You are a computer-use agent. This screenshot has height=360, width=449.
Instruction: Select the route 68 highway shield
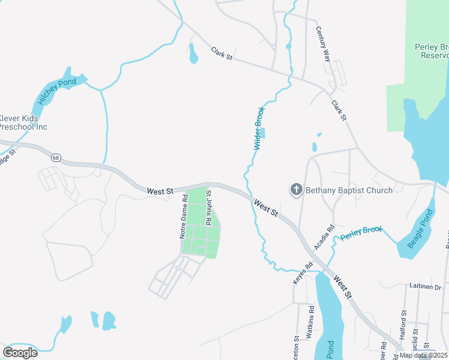pyautogui.click(x=56, y=158)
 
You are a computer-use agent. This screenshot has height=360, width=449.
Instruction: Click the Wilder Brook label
pyautogui.click(x=259, y=128)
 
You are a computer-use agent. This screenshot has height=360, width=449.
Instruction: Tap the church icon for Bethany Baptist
pyautogui.click(x=296, y=190)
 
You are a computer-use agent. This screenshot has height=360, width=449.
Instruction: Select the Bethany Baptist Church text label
pyautogui.click(x=349, y=190)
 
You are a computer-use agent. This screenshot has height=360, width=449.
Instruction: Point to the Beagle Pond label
pyautogui.click(x=420, y=229)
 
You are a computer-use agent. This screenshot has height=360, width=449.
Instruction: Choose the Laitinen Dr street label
pyautogui.click(x=426, y=287)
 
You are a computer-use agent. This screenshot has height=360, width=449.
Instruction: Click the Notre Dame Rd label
pyautogui.click(x=184, y=220)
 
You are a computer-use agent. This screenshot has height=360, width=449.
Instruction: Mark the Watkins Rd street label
pyautogui.click(x=311, y=323)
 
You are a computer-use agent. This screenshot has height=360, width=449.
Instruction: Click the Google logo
pyautogui.click(x=20, y=352)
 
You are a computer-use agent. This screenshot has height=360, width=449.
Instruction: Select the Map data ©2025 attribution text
pyautogui.click(x=424, y=355)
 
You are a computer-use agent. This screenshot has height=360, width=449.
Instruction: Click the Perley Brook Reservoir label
pyautogui.click(x=432, y=51)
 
